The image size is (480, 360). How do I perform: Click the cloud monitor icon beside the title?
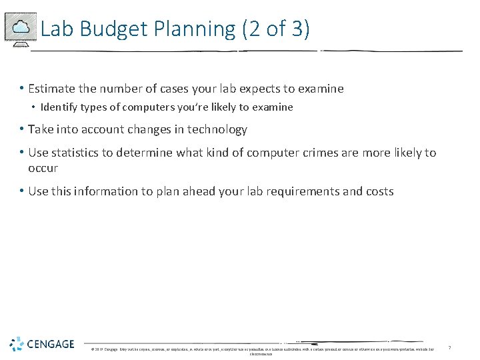(20, 28)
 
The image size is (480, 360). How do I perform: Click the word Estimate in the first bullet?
(53, 89)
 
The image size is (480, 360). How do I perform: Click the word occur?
(43, 168)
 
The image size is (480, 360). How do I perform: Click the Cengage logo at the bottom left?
(42, 344)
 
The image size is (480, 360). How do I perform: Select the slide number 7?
(449, 348)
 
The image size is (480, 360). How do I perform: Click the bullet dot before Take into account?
(23, 129)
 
